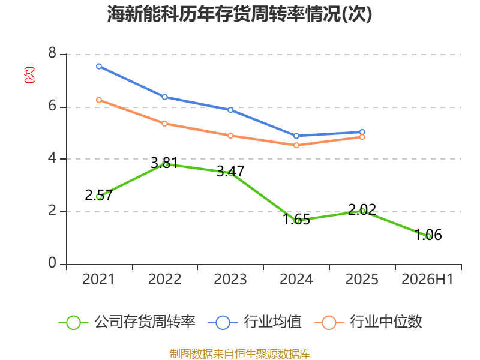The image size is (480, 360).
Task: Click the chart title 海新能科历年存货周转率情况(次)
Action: [x=239, y=14]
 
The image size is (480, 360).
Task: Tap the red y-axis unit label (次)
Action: [x=29, y=75]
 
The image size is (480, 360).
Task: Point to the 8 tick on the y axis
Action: [x=52, y=53]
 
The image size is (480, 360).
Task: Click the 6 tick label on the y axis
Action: [x=52, y=106]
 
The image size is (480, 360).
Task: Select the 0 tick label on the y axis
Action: [x=52, y=263]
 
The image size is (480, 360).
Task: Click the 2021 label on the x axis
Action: [x=98, y=279]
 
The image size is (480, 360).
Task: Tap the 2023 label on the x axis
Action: [x=230, y=279]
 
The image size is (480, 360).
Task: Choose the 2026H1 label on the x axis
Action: [x=427, y=279]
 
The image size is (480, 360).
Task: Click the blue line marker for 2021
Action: [x=99, y=67]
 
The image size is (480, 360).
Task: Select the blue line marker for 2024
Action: [x=296, y=136]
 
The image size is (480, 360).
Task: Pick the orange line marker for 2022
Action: [x=164, y=124]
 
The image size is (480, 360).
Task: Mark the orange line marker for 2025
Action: [x=362, y=137]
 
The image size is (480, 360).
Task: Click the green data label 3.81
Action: [x=164, y=163]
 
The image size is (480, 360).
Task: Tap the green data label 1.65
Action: [x=296, y=220]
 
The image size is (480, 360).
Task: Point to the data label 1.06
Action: [x=428, y=235]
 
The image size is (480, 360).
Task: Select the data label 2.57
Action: [x=98, y=196]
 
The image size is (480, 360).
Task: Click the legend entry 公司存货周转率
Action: [x=127, y=322]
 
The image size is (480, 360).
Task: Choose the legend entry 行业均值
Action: [x=254, y=322]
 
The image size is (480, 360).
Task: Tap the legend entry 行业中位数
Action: [x=368, y=322]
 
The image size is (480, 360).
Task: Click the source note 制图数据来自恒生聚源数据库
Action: [x=240, y=353]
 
